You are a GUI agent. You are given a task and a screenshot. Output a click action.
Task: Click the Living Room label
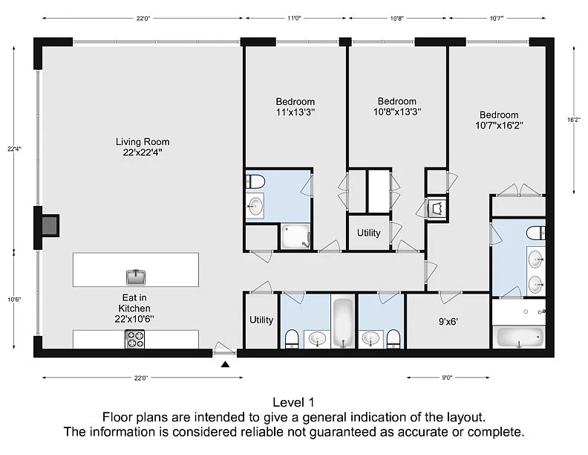143,146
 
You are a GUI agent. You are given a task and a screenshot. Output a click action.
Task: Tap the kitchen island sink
136,277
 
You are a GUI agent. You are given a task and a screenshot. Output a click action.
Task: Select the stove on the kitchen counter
134,339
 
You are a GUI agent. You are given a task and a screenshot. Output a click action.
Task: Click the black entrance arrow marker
225,364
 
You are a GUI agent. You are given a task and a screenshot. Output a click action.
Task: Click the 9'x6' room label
448,322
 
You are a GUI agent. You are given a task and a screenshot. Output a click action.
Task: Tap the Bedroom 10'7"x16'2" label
499,120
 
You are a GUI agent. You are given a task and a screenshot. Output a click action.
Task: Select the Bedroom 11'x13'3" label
295,107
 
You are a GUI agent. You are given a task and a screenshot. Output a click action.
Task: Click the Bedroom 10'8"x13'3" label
397,106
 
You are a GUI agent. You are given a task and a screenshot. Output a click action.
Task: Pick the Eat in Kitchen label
134,309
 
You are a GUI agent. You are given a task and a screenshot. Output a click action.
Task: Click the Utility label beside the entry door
261,320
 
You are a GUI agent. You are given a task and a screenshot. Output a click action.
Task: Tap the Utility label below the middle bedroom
369,233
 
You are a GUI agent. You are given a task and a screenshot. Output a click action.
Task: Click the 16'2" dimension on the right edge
574,120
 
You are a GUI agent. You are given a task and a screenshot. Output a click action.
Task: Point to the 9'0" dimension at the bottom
447,378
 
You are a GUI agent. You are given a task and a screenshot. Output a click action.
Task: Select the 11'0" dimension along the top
295,18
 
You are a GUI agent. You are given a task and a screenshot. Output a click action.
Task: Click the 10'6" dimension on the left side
14,300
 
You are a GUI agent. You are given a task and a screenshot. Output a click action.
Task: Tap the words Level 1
293,402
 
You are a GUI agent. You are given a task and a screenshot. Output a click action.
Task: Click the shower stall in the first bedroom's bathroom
296,236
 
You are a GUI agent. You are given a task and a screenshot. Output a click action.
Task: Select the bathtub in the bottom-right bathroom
519,337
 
